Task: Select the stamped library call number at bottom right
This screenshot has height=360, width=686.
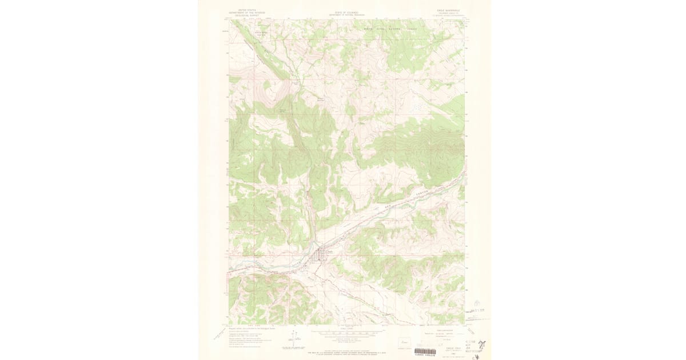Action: click(471, 346)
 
